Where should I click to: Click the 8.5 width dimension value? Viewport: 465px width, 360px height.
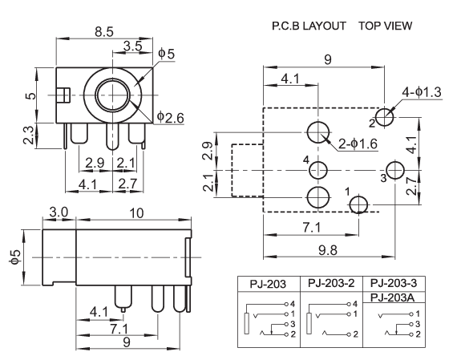[104, 31]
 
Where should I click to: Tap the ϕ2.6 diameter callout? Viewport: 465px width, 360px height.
[170, 117]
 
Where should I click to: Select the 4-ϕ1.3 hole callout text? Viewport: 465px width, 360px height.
[422, 92]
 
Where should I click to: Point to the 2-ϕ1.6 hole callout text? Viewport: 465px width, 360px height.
[358, 144]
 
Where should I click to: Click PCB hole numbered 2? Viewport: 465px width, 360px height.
[385, 117]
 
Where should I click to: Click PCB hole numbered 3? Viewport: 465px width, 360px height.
[395, 170]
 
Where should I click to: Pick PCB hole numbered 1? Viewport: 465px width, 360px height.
[358, 204]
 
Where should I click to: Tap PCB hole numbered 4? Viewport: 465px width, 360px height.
[318, 171]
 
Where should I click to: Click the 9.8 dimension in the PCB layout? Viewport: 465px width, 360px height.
[328, 250]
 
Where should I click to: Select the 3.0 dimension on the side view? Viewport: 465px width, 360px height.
[59, 212]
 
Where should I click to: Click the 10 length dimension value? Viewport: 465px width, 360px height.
[136, 213]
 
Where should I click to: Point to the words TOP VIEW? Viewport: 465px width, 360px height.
[385, 26]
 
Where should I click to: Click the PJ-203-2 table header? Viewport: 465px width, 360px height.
[331, 283]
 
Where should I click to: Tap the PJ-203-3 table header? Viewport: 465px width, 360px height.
[394, 283]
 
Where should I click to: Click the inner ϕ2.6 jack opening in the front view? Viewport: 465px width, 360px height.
[113, 95]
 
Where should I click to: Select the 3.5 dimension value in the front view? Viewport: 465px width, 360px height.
[132, 47]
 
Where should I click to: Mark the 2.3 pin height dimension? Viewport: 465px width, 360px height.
[29, 136]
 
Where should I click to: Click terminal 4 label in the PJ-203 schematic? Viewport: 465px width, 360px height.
[293, 304]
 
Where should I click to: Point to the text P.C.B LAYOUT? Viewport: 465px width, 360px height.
[309, 26]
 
